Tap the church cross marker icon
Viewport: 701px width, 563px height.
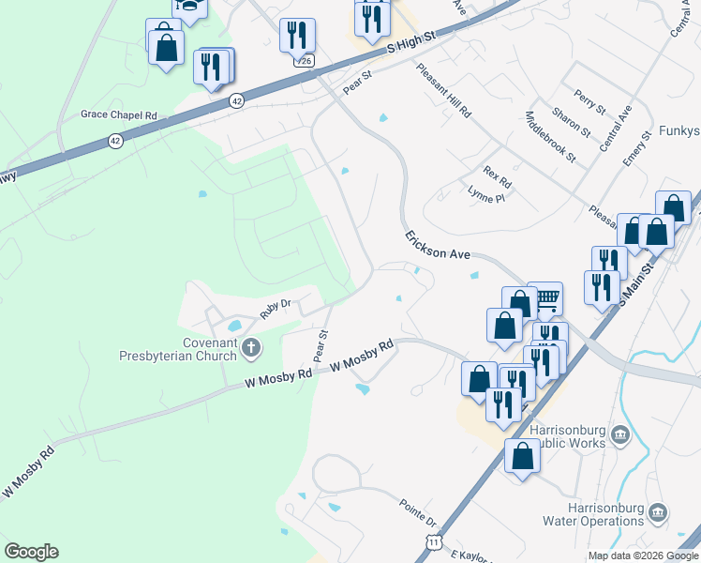[x=250, y=349]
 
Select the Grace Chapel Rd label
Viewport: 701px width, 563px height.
[x=118, y=114]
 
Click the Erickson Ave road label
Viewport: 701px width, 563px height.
[x=437, y=246]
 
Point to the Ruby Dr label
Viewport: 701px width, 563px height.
[x=276, y=309]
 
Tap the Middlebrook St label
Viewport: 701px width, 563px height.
[x=550, y=137]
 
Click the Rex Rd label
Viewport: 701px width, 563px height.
[x=498, y=175]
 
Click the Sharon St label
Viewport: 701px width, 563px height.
[x=571, y=123]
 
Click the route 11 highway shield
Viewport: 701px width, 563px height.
[x=432, y=542]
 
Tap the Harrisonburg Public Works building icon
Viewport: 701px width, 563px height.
[x=619, y=434]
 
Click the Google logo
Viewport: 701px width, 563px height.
[x=31, y=552]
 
